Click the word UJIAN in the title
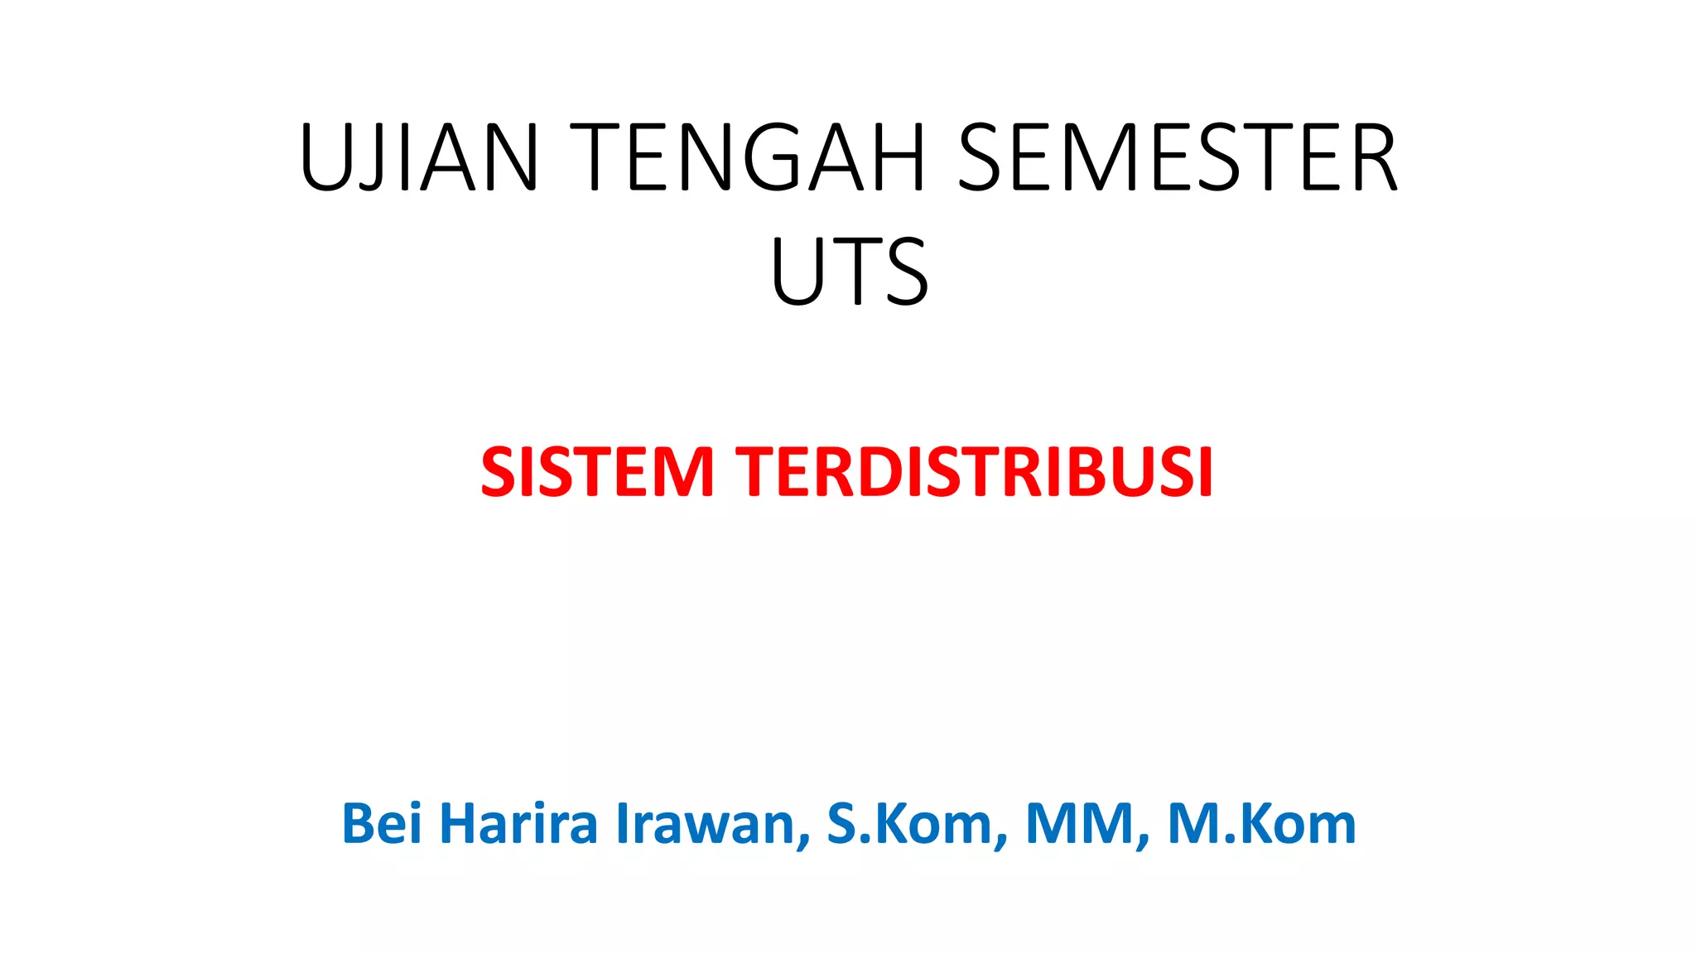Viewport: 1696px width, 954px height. pyautogui.click(x=419, y=157)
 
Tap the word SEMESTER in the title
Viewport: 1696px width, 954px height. pyautogui.click(x=1177, y=157)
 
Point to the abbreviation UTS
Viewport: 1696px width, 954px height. pyautogui.click(x=850, y=271)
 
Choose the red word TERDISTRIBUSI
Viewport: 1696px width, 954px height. pyautogui.click(x=976, y=472)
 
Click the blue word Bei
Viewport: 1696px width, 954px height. pyautogui.click(x=382, y=824)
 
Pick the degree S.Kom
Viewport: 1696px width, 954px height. pyautogui.click(x=915, y=824)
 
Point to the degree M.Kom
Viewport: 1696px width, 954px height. pyautogui.click(x=1261, y=824)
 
